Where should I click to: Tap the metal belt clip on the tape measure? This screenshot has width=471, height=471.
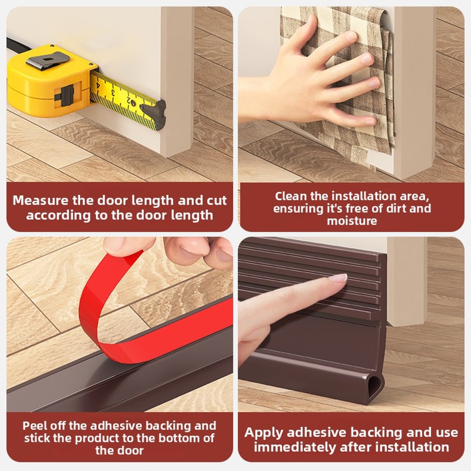click(48, 60)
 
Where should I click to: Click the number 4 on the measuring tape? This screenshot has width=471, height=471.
click(97, 85)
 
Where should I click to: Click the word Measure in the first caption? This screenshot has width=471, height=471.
click(41, 200)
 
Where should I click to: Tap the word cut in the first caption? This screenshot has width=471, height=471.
click(216, 200)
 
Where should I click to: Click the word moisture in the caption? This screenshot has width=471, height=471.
click(352, 221)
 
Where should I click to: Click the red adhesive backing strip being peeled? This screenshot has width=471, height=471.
click(108, 306)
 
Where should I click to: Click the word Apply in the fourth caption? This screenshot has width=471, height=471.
click(264, 433)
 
